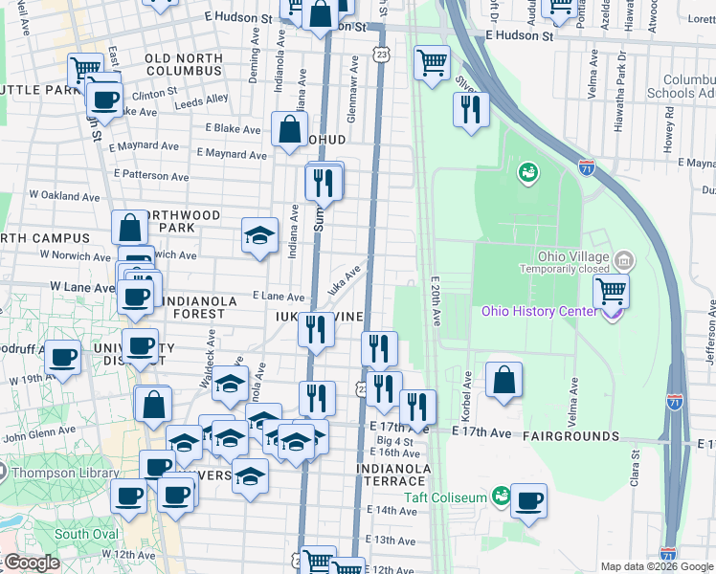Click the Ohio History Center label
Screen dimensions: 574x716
[542, 311]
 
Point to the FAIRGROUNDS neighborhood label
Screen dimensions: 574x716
[571, 436]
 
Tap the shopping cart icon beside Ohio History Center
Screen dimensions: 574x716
[611, 290]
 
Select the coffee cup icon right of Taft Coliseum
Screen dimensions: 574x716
[528, 499]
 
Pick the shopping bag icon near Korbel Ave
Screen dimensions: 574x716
[504, 379]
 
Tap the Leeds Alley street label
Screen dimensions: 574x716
[202, 99]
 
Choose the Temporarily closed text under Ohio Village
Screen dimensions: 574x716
[565, 270]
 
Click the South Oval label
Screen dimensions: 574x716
[86, 534]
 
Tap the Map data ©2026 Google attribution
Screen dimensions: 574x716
[658, 566]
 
